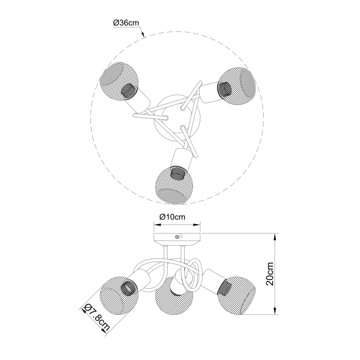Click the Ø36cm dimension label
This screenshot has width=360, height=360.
[x=126, y=24]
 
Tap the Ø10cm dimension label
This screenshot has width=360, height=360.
[x=172, y=217]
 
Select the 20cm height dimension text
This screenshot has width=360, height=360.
[x=269, y=274]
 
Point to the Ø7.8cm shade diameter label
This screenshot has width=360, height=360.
[x=97, y=316]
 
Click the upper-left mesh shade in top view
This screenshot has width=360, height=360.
[x=117, y=81]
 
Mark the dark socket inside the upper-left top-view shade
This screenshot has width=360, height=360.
[x=129, y=90]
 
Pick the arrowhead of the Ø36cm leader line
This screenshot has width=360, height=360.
[x=143, y=36]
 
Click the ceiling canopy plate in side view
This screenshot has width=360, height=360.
[x=177, y=237]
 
